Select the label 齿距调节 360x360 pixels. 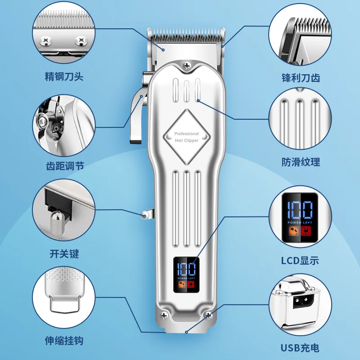(64, 166)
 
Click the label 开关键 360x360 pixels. (64, 254)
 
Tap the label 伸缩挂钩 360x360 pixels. (64, 341)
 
